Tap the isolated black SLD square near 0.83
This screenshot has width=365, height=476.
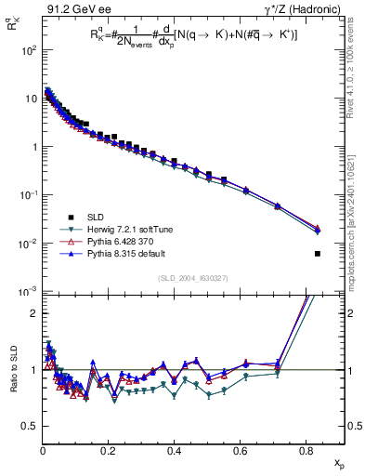point(318,254)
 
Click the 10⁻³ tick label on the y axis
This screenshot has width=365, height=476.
point(31,292)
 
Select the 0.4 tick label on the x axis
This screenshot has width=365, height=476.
point(175,453)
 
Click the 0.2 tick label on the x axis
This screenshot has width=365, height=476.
point(109,453)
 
